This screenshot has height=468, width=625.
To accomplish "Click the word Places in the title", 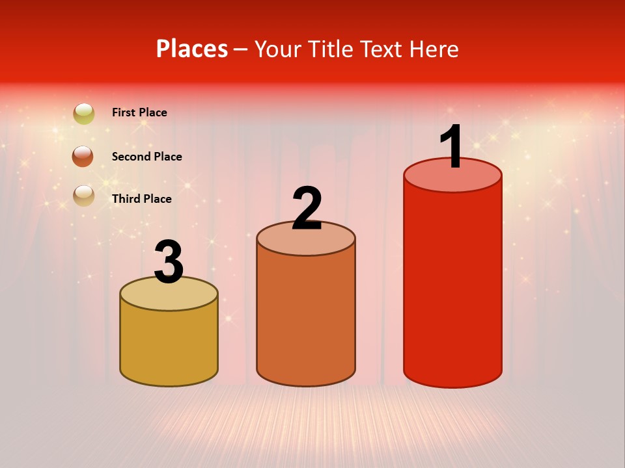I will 192,49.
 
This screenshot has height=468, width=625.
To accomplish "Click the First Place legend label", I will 139,112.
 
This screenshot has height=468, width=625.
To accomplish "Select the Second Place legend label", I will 146,157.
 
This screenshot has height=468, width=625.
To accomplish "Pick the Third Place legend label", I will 141,199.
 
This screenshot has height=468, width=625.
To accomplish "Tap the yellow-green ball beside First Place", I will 84,114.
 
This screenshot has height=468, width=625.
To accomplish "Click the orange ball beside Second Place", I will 83,156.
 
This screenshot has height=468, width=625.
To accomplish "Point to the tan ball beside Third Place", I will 83,195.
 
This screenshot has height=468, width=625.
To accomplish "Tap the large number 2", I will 307,209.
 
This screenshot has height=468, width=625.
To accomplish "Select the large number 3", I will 169,263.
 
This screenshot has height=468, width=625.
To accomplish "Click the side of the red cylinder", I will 452,286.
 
